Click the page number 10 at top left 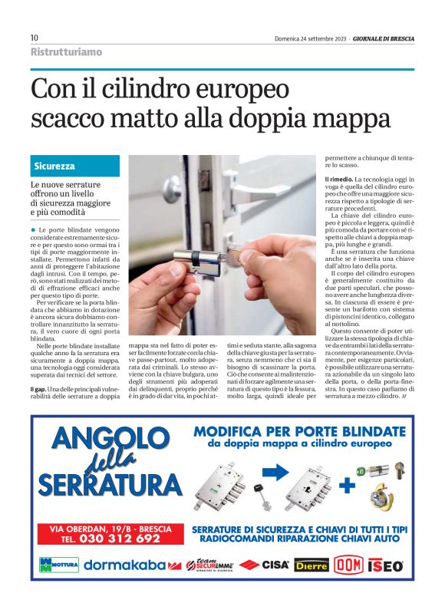(35, 38)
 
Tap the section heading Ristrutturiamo (66, 52)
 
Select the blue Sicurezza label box (75, 166)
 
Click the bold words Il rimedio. (338, 179)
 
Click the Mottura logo (58, 565)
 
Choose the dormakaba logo (125, 565)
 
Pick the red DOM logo (348, 565)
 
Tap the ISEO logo (385, 565)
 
